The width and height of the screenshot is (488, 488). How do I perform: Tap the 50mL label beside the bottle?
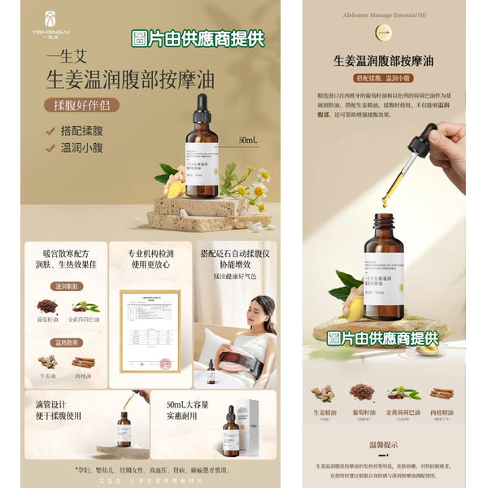(x=248, y=140)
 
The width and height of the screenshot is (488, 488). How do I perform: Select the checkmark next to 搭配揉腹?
(x=50, y=131)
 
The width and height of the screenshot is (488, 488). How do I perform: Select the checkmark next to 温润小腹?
(x=50, y=148)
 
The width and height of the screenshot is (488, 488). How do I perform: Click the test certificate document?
(x=150, y=329)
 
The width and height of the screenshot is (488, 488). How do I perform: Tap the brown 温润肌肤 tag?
(x=68, y=287)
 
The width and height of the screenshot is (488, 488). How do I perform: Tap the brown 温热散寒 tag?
(x=68, y=342)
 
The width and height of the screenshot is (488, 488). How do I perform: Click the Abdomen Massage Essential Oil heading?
(x=384, y=14)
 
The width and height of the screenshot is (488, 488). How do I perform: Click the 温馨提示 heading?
(x=384, y=445)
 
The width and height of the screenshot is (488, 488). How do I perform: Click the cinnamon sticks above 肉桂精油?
(x=442, y=394)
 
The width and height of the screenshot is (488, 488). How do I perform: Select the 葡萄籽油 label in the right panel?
(x=361, y=412)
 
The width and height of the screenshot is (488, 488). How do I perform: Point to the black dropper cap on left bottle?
(x=202, y=107)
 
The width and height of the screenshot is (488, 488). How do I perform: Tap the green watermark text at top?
(x=198, y=38)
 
